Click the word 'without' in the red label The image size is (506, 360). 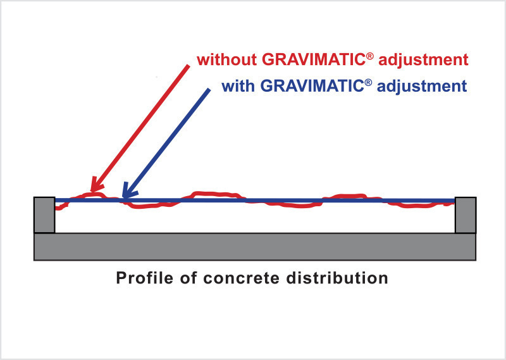coord(227,59)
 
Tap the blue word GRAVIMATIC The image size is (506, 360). coord(312,86)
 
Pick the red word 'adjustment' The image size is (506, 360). coord(423,59)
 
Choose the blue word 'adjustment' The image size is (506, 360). coord(422,86)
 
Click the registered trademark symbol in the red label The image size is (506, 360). coord(370,56)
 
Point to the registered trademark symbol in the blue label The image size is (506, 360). coord(368,83)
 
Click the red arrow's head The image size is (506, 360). coord(96,185)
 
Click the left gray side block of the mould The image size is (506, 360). coord(44,214)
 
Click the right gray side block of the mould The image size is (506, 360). coord(466,214)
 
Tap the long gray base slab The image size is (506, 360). coord(255,247)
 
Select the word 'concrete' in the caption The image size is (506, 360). coord(242,278)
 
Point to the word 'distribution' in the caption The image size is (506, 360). coord(337,278)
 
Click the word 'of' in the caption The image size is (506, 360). coord(188,278)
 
